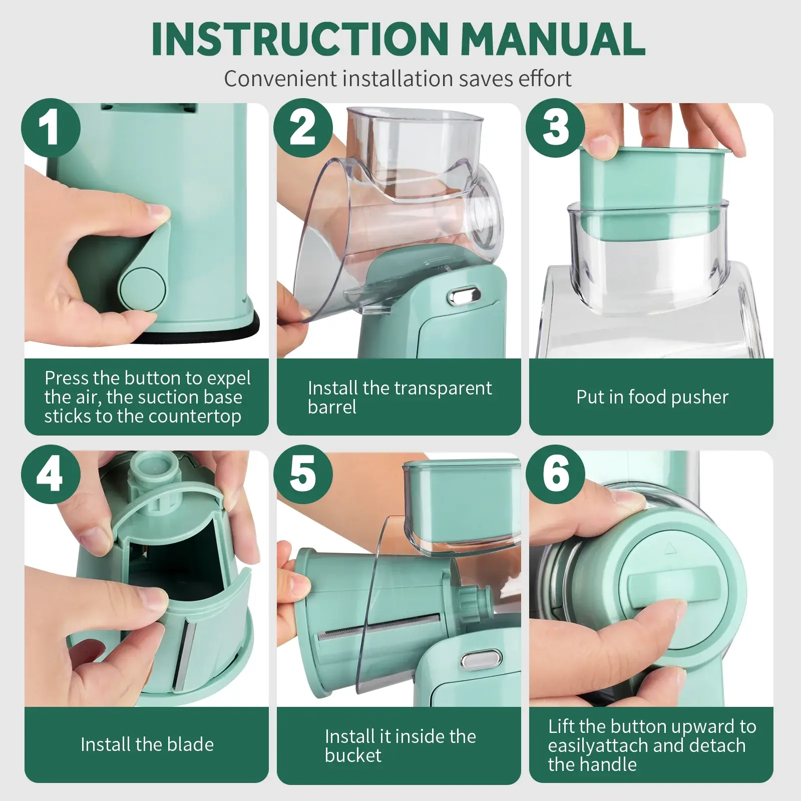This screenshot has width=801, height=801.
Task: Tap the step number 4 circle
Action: tap(51, 475)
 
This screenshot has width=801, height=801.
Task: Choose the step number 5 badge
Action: tap(303, 475)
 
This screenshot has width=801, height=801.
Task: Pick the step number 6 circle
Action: tap(555, 475)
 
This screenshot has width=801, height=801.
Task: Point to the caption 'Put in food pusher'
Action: tap(652, 397)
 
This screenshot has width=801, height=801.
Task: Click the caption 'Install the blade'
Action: tap(147, 744)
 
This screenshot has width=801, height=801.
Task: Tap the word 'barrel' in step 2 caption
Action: tap(332, 407)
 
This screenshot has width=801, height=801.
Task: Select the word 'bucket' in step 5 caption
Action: tap(353, 755)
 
